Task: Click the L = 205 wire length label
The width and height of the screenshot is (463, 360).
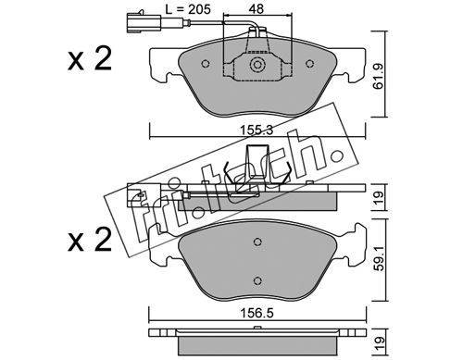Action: [x=188, y=9]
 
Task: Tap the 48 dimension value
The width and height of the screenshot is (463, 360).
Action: [x=257, y=9]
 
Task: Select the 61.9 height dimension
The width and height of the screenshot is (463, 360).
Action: [x=378, y=76]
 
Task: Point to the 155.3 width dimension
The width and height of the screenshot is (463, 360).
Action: [x=257, y=130]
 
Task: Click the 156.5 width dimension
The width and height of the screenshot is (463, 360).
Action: [x=257, y=314]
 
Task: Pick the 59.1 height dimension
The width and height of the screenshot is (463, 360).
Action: [x=379, y=259]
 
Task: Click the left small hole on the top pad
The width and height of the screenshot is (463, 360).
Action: [x=206, y=64]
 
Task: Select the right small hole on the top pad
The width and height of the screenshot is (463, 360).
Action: [x=309, y=64]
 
